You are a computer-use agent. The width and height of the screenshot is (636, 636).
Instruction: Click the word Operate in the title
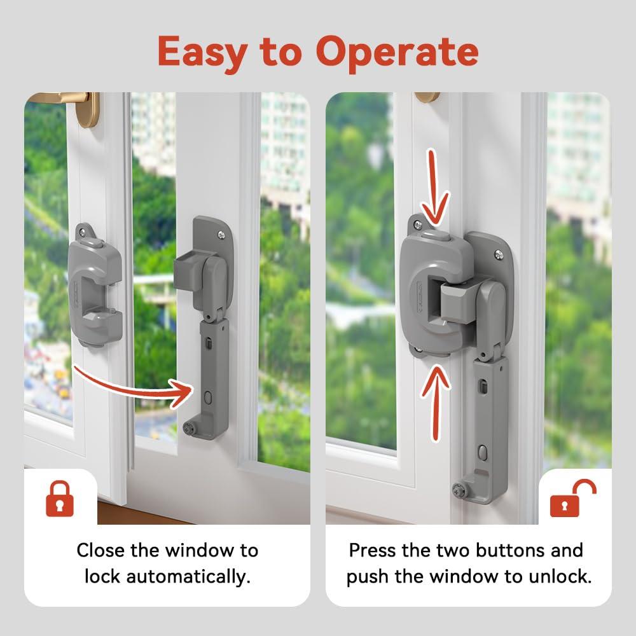click(x=397, y=52)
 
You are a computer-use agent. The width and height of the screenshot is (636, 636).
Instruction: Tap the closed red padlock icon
click(x=60, y=500)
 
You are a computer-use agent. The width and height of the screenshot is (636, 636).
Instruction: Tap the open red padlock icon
click(x=573, y=500)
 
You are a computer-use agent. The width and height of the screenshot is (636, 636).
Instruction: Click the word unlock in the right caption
click(x=560, y=577)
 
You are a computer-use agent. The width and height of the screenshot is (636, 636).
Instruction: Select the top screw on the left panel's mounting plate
click(x=219, y=235)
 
